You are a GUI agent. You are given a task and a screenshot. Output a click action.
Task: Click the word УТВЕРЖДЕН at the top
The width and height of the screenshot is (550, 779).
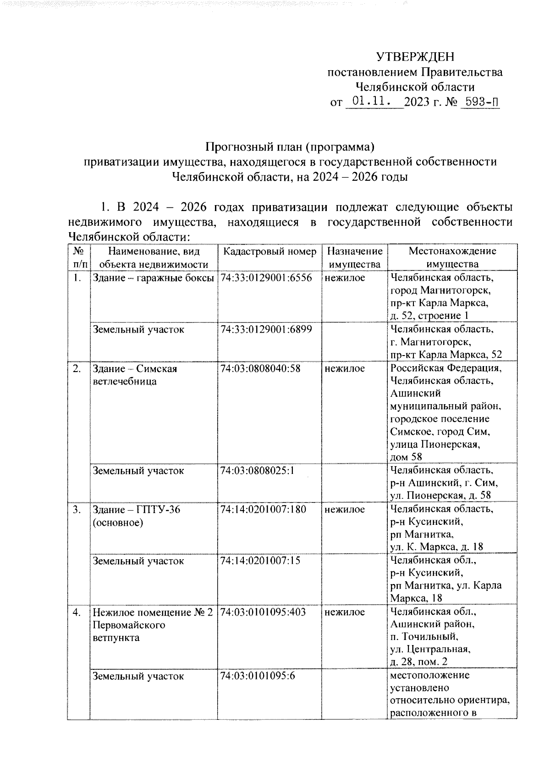[415, 57]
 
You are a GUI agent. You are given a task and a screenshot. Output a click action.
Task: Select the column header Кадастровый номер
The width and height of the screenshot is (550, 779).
[269, 251]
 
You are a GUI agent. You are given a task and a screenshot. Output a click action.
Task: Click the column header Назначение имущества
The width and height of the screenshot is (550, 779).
[355, 257]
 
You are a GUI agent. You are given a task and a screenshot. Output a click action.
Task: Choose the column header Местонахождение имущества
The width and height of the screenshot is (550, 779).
[452, 257]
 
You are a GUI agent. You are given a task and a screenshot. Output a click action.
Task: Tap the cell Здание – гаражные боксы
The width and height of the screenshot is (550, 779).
[154, 278]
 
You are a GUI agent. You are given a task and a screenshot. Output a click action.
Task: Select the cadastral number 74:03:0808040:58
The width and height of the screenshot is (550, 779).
[260, 368]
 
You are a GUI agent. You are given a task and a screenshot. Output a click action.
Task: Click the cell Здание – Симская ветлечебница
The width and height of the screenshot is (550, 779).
[135, 375]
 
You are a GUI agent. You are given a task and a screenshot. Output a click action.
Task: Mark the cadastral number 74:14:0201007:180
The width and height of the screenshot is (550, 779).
[263, 509]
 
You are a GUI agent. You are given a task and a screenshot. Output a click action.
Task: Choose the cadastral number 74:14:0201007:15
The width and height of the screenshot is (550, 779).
[260, 561]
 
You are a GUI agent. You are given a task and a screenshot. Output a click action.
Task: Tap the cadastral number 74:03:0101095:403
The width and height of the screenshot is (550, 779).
[263, 612]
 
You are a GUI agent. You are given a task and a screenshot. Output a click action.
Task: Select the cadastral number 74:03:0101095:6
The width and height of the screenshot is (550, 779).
[257, 676]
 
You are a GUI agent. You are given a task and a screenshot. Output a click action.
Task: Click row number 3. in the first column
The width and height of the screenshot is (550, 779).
[77, 509]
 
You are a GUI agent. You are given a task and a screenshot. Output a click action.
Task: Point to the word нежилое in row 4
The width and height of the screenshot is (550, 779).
[345, 612]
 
